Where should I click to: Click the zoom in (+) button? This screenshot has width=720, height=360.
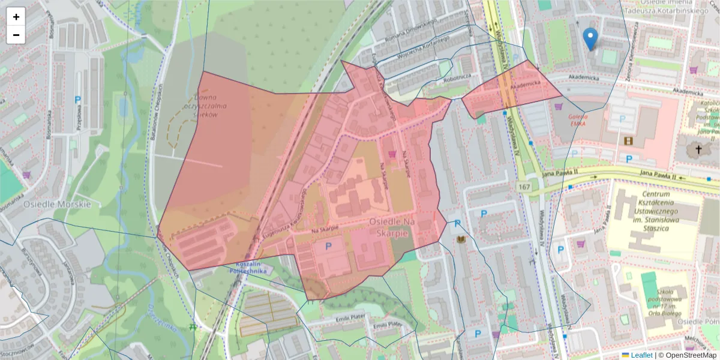[16, 17]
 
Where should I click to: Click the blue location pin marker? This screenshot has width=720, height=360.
[590, 38]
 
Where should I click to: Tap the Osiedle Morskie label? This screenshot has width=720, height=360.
[57, 204]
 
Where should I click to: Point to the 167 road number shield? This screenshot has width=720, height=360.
[525, 187]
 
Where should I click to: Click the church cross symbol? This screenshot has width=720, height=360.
[698, 149]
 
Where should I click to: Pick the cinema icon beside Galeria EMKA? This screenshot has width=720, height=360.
[628, 140]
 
